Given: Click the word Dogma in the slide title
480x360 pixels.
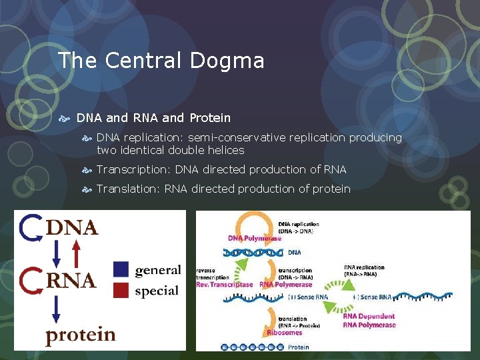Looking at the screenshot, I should tap(227, 61).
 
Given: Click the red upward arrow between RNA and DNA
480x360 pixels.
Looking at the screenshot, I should tap(76, 253).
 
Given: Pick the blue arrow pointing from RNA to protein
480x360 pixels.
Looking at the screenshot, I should tap(56, 309).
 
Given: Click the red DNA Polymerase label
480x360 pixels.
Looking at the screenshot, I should tap(255, 238).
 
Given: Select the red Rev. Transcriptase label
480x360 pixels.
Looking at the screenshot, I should tap(225, 285).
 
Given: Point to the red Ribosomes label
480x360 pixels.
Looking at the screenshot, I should tap(285, 332).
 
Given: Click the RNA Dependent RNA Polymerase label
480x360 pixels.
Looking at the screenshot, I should tap(369, 321).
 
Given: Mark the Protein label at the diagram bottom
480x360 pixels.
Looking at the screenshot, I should tap(299, 347).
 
